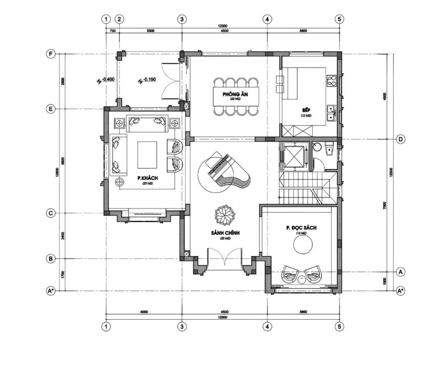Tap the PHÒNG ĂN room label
pos(235,95)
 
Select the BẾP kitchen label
pos(306,110)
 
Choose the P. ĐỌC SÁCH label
pos(301,228)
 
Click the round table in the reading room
pos(303,245)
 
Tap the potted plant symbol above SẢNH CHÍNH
pos(225,215)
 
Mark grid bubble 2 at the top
pos(119,19)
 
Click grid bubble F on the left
pos(51,54)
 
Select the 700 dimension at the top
pos(113,31)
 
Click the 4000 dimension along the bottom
pos(144,312)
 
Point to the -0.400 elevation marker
pos(107,79)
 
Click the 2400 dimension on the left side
pos(63,235)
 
